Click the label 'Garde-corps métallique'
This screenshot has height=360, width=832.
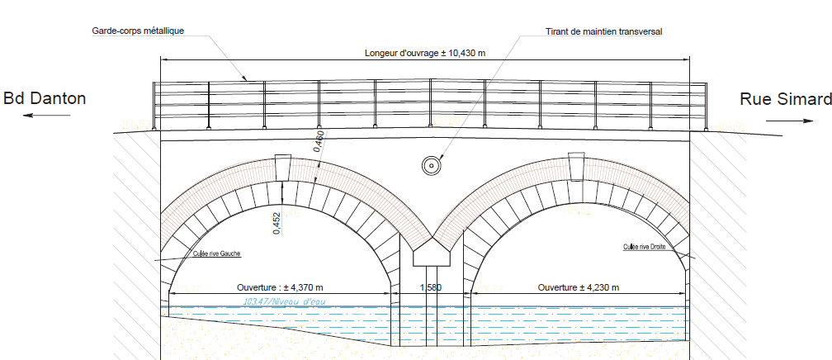[138, 31]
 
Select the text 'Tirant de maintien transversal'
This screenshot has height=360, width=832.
[604, 31]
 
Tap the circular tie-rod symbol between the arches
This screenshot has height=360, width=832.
[430, 165]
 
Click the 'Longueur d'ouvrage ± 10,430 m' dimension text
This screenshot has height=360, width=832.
[424, 53]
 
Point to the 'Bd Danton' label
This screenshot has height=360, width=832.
[45, 99]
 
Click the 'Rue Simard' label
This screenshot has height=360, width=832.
[785, 99]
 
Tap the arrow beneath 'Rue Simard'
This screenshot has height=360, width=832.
[789, 121]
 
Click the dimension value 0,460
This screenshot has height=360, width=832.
[319, 141]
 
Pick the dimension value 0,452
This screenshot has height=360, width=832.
[276, 223]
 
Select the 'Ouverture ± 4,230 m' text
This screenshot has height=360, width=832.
[578, 287]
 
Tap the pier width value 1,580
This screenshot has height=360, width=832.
[430, 287]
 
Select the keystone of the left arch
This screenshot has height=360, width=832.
[283, 168]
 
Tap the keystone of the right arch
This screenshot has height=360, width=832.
[578, 168]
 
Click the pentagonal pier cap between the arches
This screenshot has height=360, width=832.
[432, 252]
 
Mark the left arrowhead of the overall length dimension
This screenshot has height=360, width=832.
[163, 59]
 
